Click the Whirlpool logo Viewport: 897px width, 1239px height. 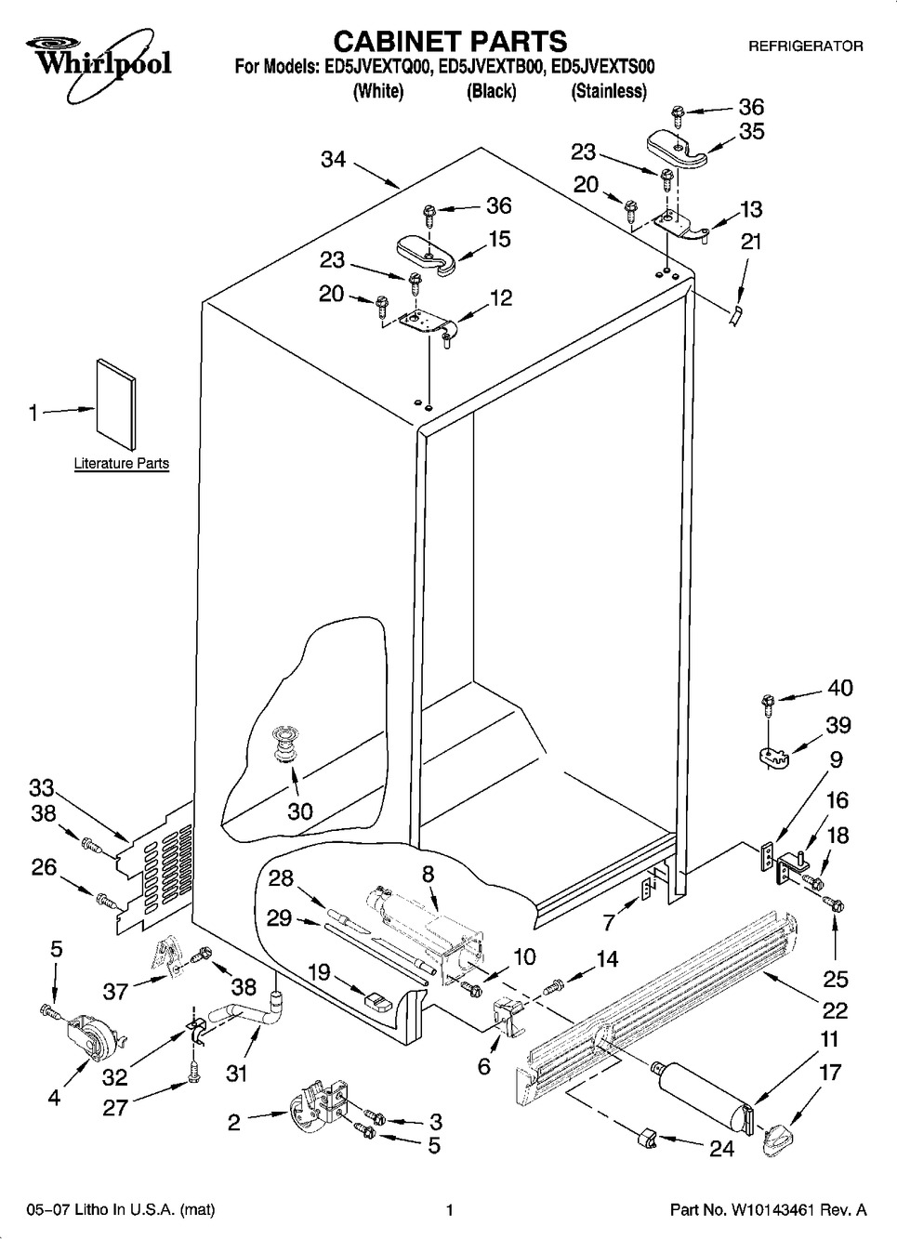coord(91,57)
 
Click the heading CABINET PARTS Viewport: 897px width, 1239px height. coord(449,41)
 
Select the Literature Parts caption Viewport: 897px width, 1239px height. coord(122,463)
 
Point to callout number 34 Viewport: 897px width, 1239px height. coord(333,160)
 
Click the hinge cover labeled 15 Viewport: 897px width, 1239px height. coord(426,253)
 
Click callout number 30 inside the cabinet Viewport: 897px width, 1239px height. coord(299,811)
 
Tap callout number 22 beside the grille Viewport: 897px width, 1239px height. coord(835,1008)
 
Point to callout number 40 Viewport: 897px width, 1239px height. coord(839,689)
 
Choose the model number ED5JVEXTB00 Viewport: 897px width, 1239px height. coord(489,67)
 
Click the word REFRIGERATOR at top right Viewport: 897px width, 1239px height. coord(806,46)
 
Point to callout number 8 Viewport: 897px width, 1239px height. coord(428,874)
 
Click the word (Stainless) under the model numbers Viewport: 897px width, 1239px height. coord(609,91)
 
